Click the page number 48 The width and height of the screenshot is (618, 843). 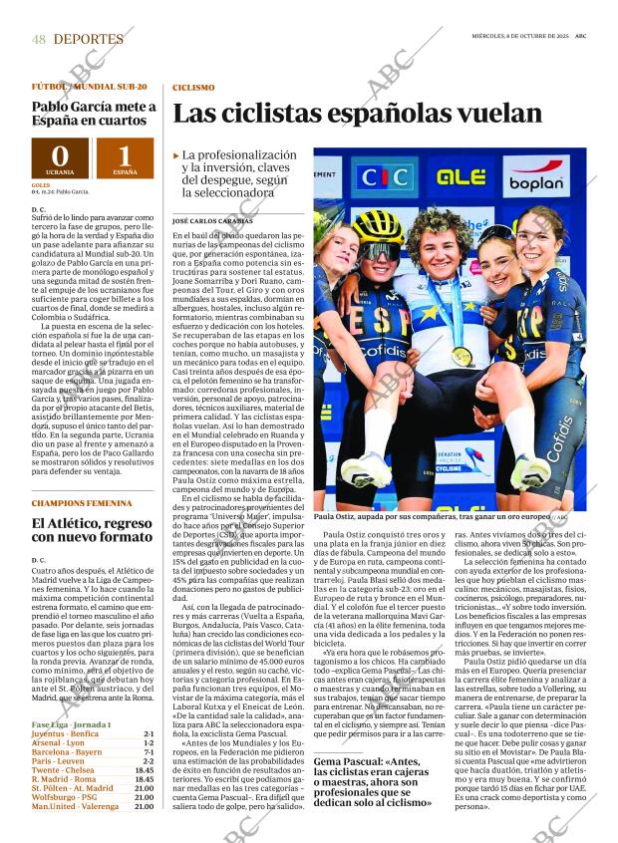[39, 39]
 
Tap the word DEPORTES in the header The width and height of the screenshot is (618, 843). [89, 39]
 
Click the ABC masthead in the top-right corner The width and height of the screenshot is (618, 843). [594, 37]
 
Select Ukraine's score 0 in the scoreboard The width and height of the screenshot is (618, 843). [60, 155]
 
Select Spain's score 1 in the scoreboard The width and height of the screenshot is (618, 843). [125, 155]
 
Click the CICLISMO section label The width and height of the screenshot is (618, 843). [193, 89]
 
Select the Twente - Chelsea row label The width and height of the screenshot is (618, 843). [63, 769]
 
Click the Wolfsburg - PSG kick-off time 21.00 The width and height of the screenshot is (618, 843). [145, 796]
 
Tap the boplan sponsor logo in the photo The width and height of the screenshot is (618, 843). [536, 180]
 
